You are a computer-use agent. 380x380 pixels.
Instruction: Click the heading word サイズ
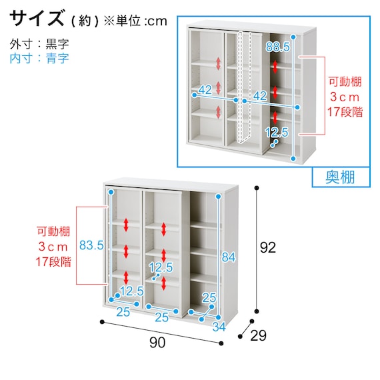click(37, 18)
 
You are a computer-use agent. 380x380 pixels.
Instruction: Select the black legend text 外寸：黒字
click(39, 44)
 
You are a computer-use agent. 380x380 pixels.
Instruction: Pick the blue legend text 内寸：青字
click(39, 58)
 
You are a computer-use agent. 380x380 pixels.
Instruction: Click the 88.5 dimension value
click(277, 47)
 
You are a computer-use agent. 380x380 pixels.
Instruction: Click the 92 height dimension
click(269, 247)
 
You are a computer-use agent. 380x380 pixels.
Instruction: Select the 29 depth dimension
click(257, 336)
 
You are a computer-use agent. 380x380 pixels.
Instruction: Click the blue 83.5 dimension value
click(91, 245)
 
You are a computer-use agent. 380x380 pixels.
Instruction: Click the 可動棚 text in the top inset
click(345, 83)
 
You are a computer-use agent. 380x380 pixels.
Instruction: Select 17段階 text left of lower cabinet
click(53, 261)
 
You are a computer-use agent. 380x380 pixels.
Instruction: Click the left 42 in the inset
click(205, 90)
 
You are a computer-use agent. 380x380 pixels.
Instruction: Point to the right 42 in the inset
click(261, 95)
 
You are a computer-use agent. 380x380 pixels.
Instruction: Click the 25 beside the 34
click(209, 297)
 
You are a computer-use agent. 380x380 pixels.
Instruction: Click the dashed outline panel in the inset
click(245, 87)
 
